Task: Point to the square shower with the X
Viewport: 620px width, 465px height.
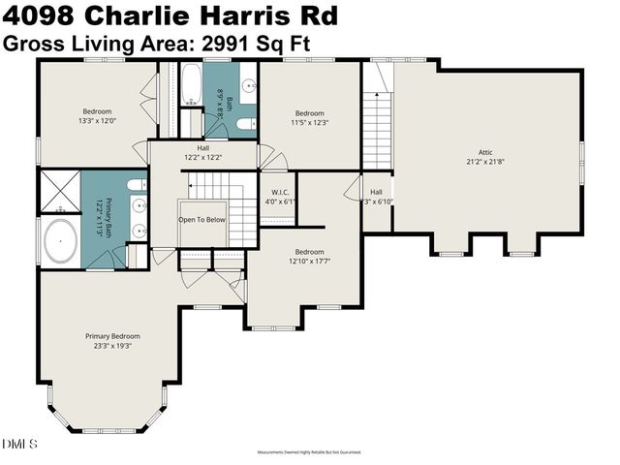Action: point(58,188)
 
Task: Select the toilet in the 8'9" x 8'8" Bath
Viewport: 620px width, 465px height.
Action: point(245,123)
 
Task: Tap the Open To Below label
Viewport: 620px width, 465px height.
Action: point(201,219)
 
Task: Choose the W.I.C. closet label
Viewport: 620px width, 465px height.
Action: point(279,191)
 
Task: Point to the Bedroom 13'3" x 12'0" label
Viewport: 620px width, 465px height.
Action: point(98,116)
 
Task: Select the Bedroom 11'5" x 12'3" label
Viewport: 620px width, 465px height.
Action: point(310,117)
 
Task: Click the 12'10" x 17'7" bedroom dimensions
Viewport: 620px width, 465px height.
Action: point(310,261)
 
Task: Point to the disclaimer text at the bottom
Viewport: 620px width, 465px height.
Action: point(309,452)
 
